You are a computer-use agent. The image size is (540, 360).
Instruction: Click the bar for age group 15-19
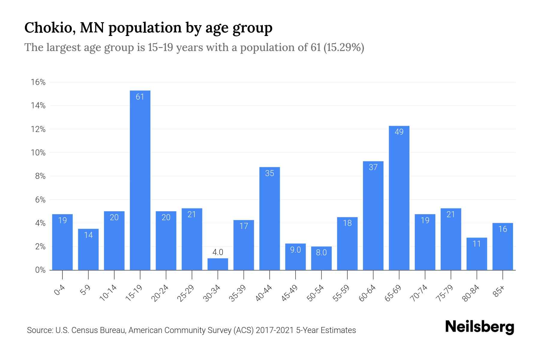(140, 180)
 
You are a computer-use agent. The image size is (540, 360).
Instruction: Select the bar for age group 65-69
(399, 198)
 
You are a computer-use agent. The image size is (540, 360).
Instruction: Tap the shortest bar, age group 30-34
(218, 264)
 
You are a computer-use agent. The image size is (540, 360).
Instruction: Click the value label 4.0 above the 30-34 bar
(218, 252)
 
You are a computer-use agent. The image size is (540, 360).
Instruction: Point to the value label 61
(140, 97)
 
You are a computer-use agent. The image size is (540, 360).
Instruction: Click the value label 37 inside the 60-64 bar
(373, 167)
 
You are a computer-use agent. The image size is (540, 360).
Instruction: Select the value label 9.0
(295, 250)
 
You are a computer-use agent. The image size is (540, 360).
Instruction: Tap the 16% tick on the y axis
(38, 82)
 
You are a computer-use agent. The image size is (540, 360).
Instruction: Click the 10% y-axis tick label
(38, 153)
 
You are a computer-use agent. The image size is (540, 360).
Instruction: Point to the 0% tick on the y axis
(40, 270)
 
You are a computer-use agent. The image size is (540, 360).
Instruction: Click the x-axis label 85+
(499, 291)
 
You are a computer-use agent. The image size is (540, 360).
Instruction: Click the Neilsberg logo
(479, 327)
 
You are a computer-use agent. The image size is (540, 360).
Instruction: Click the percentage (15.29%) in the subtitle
(344, 47)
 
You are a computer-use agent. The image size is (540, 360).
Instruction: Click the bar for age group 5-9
(88, 249)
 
